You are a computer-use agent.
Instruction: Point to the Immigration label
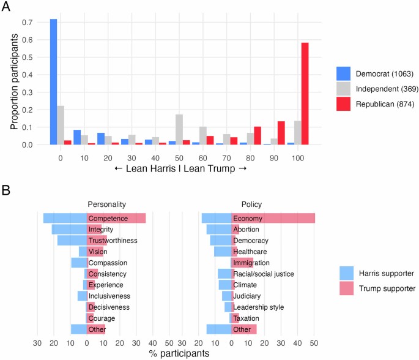[x=251, y=263]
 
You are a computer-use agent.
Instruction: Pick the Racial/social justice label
[x=263, y=274]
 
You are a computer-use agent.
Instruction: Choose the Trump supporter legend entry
[x=377, y=288]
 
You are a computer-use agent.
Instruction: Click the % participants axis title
[x=179, y=353]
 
